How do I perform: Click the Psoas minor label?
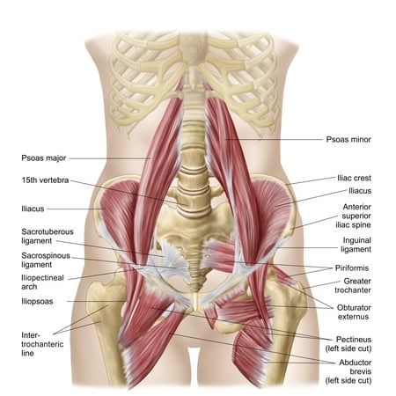pos(348,139)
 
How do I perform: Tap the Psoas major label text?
pos(44,158)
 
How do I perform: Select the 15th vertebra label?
pos(45,180)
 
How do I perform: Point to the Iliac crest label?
pos(354,178)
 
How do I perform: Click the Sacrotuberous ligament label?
pos(48,236)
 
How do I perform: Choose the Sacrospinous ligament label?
pos(46,260)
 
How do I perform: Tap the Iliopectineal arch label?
pos(42,282)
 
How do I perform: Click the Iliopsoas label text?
pos(37,302)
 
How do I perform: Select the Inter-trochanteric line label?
pos(42,344)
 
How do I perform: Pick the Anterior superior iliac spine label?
pos(354,216)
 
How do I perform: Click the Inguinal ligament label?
pos(356,245)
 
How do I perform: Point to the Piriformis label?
pos(352,268)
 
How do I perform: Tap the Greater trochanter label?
pos(353,285)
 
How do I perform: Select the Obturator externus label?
pos(354,312)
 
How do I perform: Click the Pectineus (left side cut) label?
pos(348,344)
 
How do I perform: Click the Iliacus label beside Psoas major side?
pos(33,209)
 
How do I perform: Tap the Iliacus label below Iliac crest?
pos(360,191)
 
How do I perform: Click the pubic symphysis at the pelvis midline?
pos(194,302)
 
